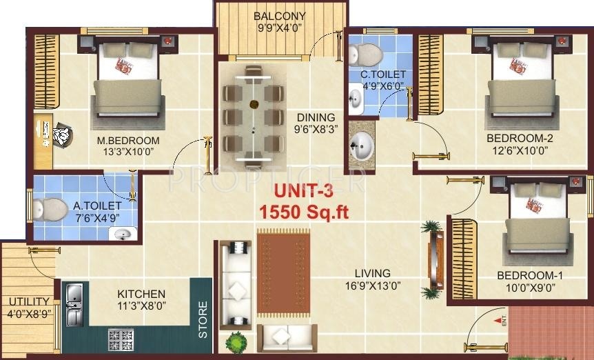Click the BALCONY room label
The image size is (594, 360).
[279, 16]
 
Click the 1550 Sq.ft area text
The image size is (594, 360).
[303, 212]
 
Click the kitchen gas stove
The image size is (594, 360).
[121, 339]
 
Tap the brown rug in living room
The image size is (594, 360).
[283, 273]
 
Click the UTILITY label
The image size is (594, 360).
[28, 301]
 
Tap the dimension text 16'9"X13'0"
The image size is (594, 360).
[373, 286]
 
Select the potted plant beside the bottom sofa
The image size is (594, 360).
[236, 341]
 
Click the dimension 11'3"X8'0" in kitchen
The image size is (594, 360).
[141, 306]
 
